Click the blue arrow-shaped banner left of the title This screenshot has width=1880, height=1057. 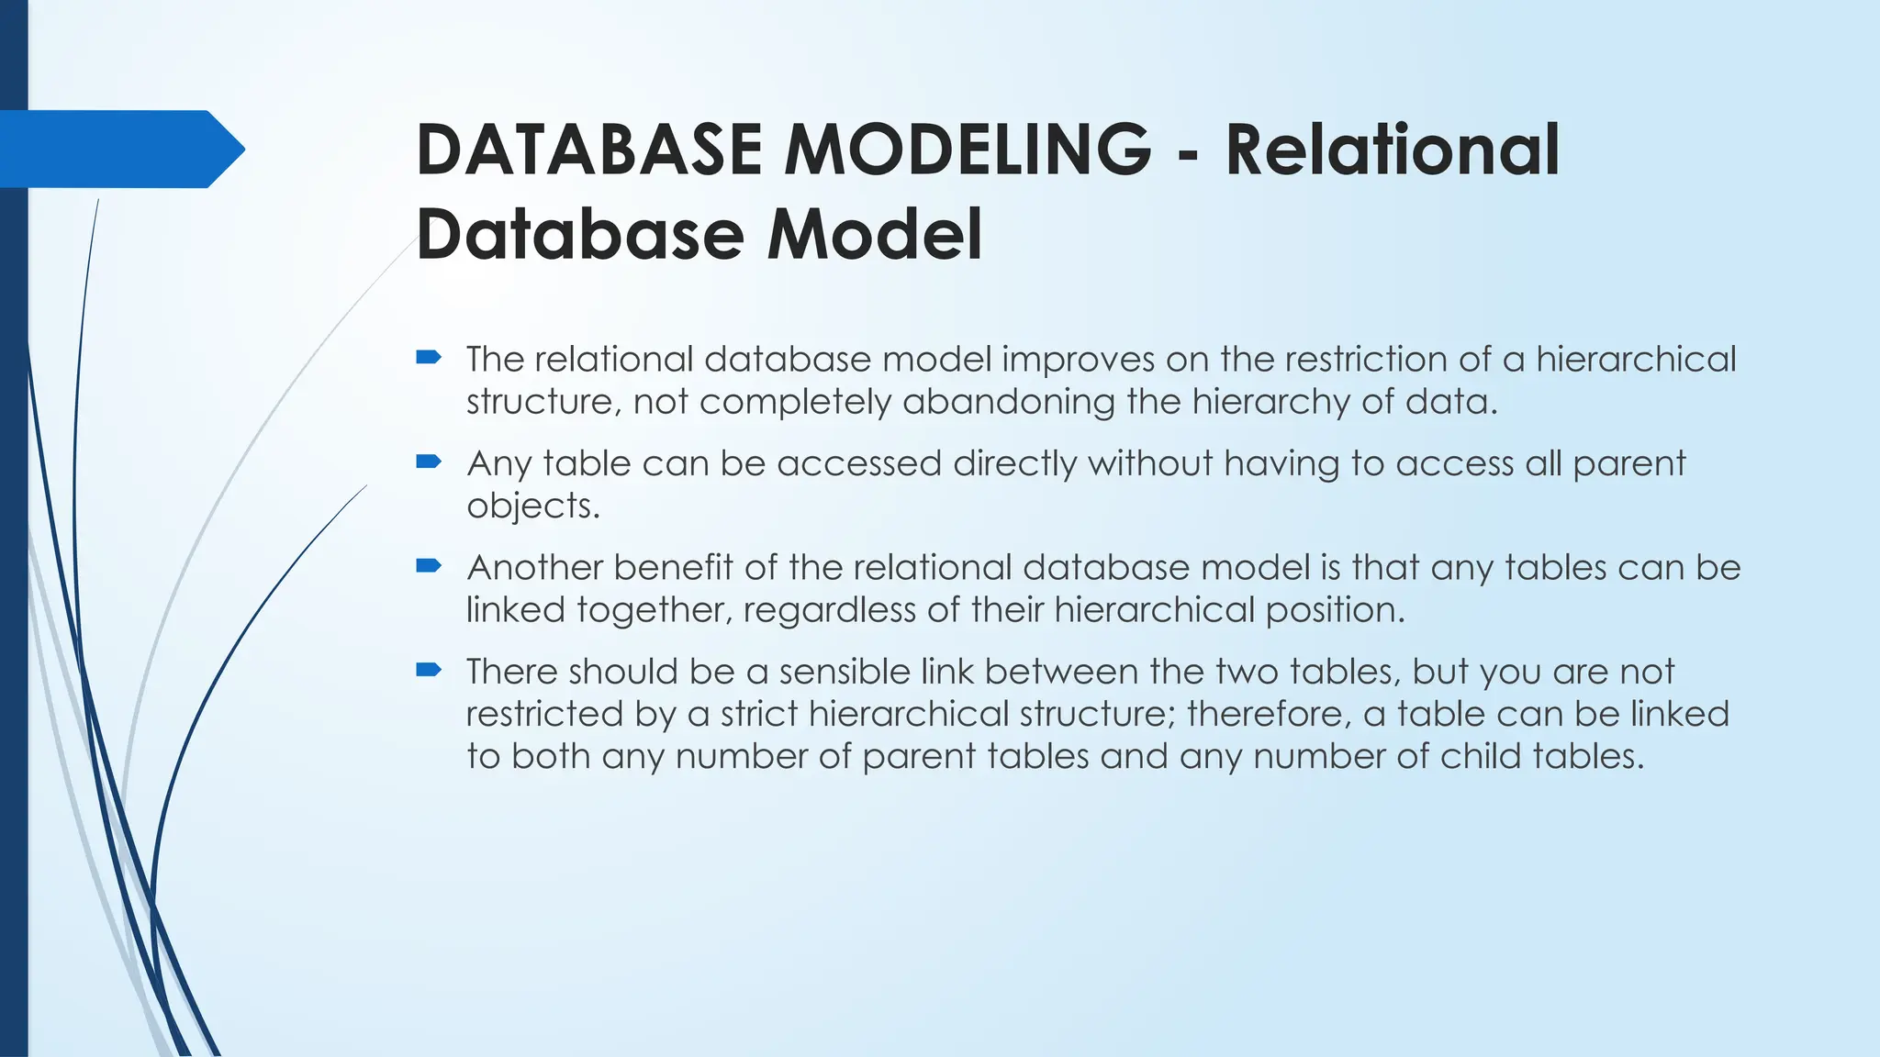point(119,149)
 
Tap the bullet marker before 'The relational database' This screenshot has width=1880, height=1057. point(429,358)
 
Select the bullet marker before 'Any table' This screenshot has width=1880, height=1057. point(429,462)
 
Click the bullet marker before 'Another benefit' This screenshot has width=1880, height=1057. point(429,566)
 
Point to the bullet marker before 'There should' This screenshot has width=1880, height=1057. point(429,670)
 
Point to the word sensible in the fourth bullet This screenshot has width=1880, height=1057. point(844,672)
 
